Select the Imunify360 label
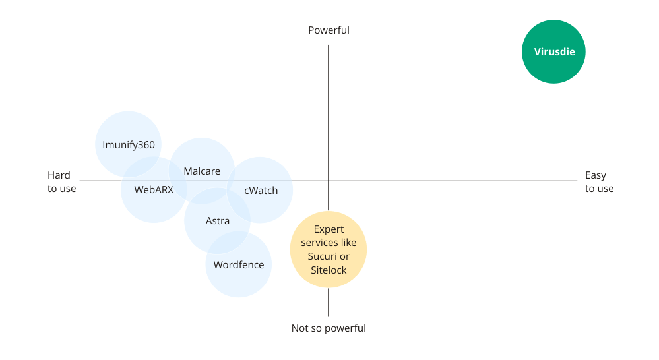pos(129,145)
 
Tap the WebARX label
pos(154,190)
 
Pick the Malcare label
pos(202,171)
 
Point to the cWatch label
pos(261,191)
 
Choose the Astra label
pos(218,221)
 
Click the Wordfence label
pos(239,265)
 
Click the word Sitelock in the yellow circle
pos(329,270)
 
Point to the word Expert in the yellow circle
pos(329,229)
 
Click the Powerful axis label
pos(329,30)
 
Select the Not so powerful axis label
pos(329,328)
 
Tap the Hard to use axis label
pos(62,182)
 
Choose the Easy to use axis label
pos(599,182)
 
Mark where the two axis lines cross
pos(329,181)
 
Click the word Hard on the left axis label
pos(59,175)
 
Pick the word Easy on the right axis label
pos(596,175)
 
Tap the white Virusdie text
pos(553,52)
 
